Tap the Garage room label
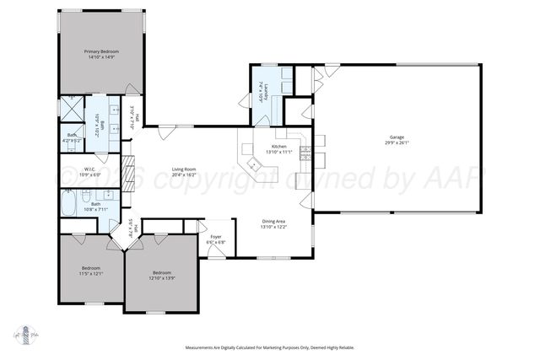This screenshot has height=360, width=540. [x=396, y=139]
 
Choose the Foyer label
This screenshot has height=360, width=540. [x=216, y=239]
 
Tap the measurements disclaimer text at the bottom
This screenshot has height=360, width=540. [x=269, y=347]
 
